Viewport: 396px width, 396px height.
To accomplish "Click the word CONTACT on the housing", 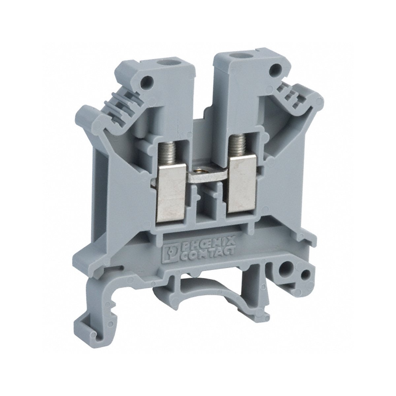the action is tap(208, 253).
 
